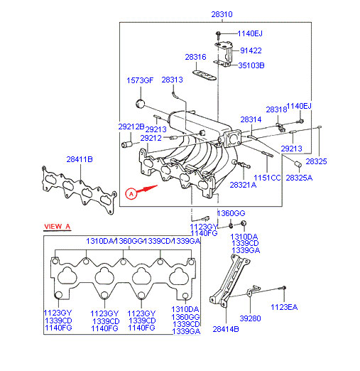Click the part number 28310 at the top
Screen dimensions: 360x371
(x=222, y=14)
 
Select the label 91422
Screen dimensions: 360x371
(x=251, y=50)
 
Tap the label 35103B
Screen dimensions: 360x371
(x=251, y=65)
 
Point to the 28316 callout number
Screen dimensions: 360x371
(x=195, y=57)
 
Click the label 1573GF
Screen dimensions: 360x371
(x=140, y=80)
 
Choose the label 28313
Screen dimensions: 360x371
(x=172, y=80)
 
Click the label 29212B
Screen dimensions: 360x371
(x=131, y=127)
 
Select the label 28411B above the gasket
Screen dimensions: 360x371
(x=80, y=159)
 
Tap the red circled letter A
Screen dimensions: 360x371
(x=131, y=194)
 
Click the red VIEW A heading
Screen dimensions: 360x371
(x=58, y=227)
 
